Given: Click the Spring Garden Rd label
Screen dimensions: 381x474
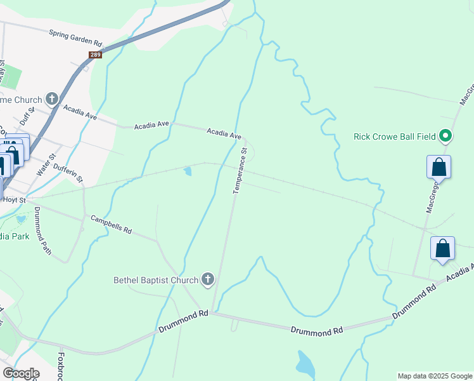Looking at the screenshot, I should (75, 37).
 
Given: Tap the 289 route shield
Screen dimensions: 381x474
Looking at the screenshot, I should (96, 55).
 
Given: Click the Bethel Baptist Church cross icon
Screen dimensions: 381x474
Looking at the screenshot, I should (207, 279).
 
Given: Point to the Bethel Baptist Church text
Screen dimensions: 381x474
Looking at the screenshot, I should (156, 279).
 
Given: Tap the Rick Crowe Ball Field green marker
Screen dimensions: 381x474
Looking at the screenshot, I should (445, 136).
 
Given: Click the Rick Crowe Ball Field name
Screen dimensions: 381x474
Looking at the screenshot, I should (395, 137).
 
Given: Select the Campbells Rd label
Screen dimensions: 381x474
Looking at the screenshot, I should (111, 224).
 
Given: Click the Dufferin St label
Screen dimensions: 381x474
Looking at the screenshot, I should (68, 171).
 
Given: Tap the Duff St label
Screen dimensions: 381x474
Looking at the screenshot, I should (27, 116).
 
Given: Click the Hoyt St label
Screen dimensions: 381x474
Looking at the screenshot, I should (14, 199).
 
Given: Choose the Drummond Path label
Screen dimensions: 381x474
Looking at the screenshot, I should (42, 231).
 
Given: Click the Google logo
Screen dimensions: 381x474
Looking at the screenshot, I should (21, 373).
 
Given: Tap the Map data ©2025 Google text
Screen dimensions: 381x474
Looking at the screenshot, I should (435, 376).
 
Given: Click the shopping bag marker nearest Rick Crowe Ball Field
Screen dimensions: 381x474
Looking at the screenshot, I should (439, 168).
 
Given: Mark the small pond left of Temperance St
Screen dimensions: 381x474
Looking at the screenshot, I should (188, 171).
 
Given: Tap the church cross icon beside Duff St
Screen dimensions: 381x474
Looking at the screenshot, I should (51, 99).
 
